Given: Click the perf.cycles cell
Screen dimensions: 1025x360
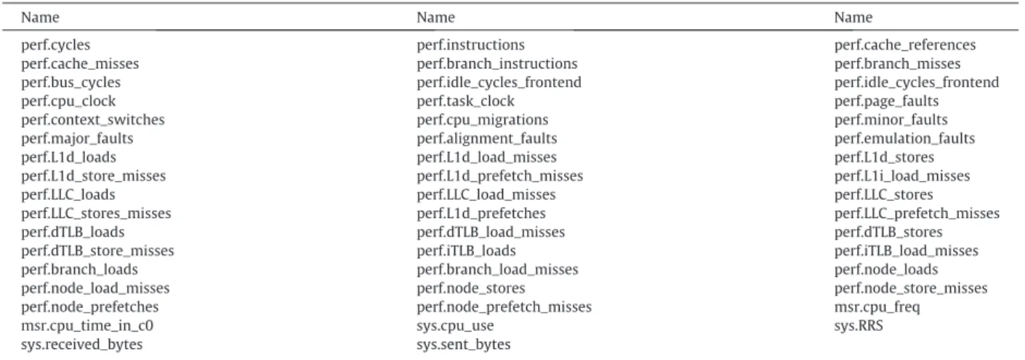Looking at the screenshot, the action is click(x=55, y=45).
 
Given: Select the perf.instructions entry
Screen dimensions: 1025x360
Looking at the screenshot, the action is click(x=470, y=45).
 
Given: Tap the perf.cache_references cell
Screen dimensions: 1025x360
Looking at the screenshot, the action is click(x=904, y=45).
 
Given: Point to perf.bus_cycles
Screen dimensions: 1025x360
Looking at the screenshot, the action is click(x=71, y=82).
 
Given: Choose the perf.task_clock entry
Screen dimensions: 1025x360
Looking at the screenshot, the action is click(x=465, y=101).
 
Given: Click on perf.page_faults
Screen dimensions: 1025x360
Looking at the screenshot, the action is click(x=886, y=101).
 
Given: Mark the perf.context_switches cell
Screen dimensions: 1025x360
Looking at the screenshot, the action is click(x=92, y=120).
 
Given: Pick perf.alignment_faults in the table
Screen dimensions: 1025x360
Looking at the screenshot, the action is click(x=486, y=139).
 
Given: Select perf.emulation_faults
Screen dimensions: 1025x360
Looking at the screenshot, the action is click(x=904, y=139).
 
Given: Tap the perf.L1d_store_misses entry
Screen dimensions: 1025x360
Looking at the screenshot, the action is click(x=93, y=176).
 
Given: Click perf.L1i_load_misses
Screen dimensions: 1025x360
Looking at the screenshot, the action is click(x=902, y=176).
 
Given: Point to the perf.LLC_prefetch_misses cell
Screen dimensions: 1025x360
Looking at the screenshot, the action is click(x=917, y=213).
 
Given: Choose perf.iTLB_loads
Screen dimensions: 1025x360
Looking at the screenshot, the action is click(x=466, y=251).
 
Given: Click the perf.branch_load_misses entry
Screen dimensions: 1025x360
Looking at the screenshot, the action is click(x=497, y=270).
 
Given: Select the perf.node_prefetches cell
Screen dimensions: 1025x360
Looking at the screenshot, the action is click(x=89, y=307).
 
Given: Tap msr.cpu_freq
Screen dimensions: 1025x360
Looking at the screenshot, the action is click(x=877, y=307).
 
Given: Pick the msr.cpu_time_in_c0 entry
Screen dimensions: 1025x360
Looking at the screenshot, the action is click(x=87, y=326).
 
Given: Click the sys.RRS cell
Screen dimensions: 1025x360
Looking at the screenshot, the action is click(x=859, y=326).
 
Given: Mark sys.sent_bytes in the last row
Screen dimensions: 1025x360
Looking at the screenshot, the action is click(x=463, y=345).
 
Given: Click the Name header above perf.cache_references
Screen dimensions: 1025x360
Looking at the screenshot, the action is click(x=853, y=17).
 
